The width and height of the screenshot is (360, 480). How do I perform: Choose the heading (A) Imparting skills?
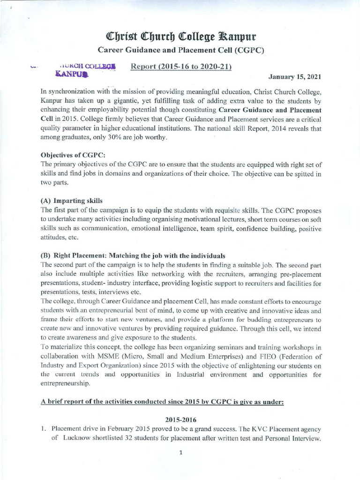[72, 201]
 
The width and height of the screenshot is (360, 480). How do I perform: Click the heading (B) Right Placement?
[133, 255]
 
